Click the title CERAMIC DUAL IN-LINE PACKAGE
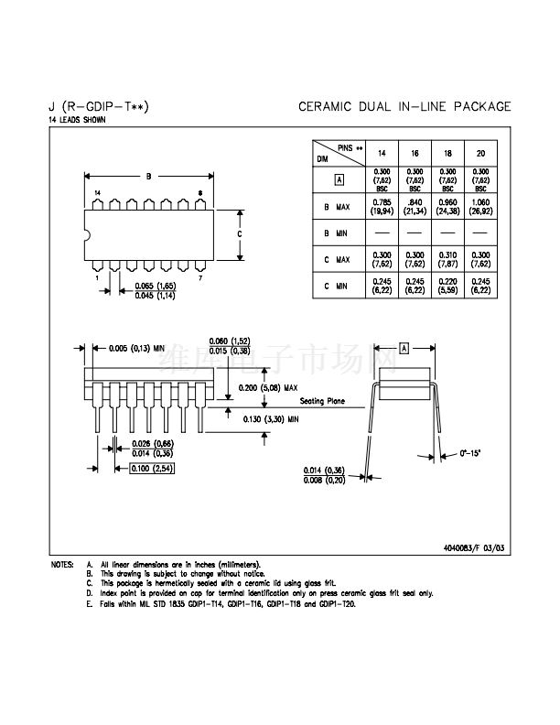point(404,107)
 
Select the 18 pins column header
point(447,152)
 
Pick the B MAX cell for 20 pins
point(479,207)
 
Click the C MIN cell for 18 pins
point(447,286)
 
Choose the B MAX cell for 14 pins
point(382,207)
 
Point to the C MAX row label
point(338,260)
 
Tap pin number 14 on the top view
point(97,192)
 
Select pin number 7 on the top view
point(200,276)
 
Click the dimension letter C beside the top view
point(239,233)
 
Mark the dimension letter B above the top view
point(148,176)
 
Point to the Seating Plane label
point(318,400)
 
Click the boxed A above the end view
point(404,348)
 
